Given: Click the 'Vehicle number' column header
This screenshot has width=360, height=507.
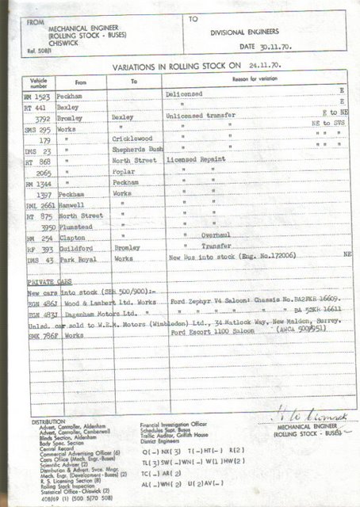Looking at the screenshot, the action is (39, 82).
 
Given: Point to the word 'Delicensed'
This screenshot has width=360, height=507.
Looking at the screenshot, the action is (186, 93).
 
